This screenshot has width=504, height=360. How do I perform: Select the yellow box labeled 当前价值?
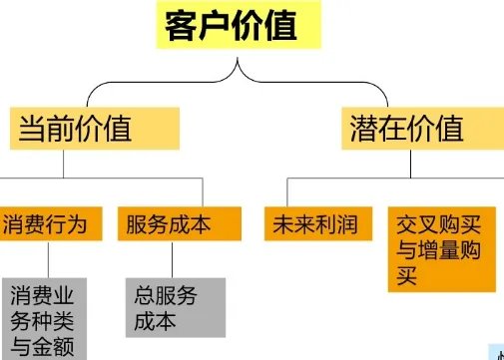point(91,127)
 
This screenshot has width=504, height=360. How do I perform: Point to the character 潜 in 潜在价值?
point(365,128)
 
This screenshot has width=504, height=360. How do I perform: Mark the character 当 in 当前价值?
point(33,128)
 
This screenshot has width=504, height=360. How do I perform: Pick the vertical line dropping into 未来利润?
point(287,191)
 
